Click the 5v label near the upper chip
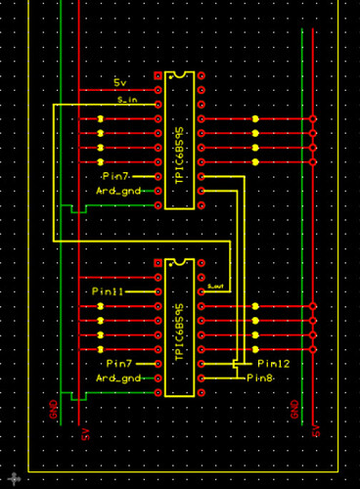tap(121, 81)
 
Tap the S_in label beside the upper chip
tap(126, 99)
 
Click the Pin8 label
tap(262, 378)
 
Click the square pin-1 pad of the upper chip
tap(158, 75)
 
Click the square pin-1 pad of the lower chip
tap(158, 263)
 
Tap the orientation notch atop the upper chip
tap(179, 73)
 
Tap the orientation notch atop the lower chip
tap(179, 261)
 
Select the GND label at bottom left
tap(51, 412)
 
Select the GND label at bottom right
tap(296, 412)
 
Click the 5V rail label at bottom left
tap(86, 431)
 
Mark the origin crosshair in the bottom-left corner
tap(14, 477)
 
